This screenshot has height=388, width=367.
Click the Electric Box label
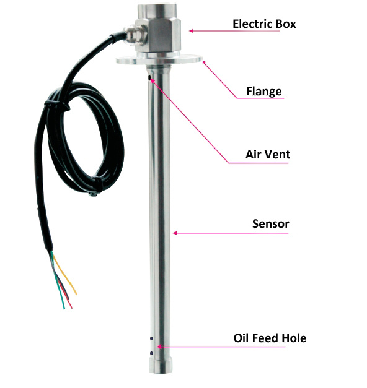pos(264,24)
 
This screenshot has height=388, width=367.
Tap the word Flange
pos(264,92)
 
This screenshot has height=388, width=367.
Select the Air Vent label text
pos(268,155)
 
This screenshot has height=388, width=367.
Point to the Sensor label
pos(270,223)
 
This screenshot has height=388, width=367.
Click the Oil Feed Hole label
pos(270,338)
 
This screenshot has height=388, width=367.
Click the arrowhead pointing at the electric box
pos(191,31)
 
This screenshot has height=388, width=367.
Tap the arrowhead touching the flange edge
pos(204,62)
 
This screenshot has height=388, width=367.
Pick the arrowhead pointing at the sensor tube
pos(175,233)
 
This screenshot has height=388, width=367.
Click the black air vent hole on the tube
pos(149,78)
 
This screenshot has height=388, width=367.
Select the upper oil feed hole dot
pos(151,338)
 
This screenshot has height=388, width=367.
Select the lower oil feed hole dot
pos(151,353)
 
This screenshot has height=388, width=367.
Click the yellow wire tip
pos(76,293)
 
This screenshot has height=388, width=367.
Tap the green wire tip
pos(64,308)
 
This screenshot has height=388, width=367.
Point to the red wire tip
pos(71,308)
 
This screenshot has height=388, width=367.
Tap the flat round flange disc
pos(159,59)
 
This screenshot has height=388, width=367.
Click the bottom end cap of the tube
pos(161,365)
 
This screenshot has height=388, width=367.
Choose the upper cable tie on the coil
pos(58,105)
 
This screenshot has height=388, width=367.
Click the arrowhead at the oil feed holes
pos(159,347)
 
